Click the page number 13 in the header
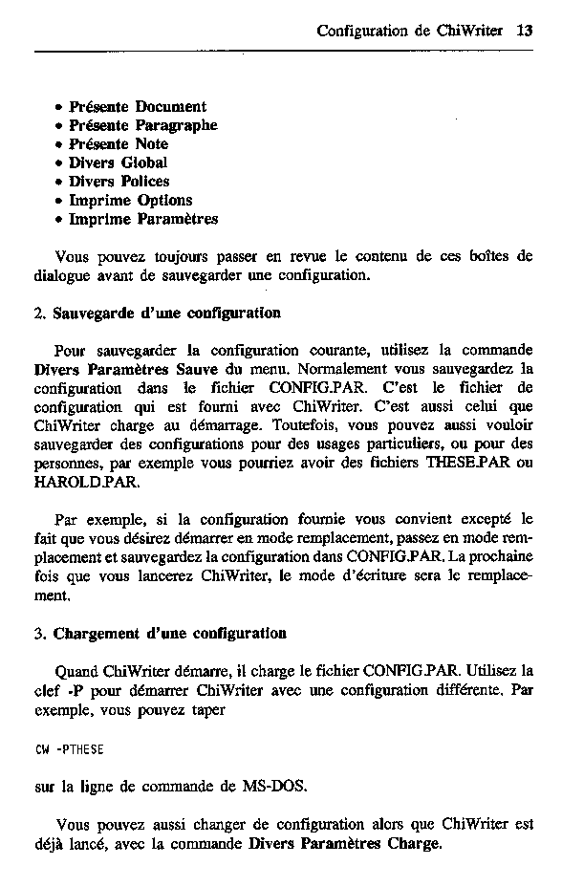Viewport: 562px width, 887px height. [x=524, y=30]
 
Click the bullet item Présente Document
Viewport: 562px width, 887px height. [x=137, y=107]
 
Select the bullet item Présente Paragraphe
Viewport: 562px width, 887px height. [x=142, y=125]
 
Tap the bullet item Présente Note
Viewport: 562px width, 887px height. [x=118, y=144]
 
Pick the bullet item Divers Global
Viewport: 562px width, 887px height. [x=118, y=162]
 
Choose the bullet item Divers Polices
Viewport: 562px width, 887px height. [x=119, y=182]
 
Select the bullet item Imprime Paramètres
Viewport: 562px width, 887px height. [x=142, y=219]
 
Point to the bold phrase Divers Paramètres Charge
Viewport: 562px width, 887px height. [x=345, y=844]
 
